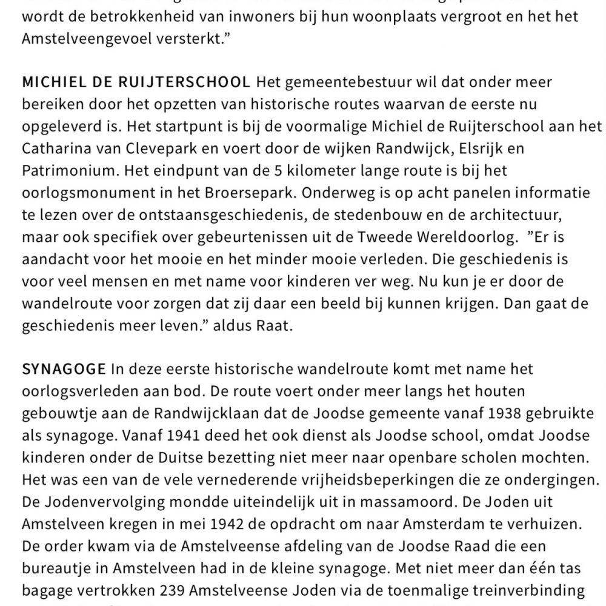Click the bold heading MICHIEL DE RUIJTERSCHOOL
click(x=135, y=82)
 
